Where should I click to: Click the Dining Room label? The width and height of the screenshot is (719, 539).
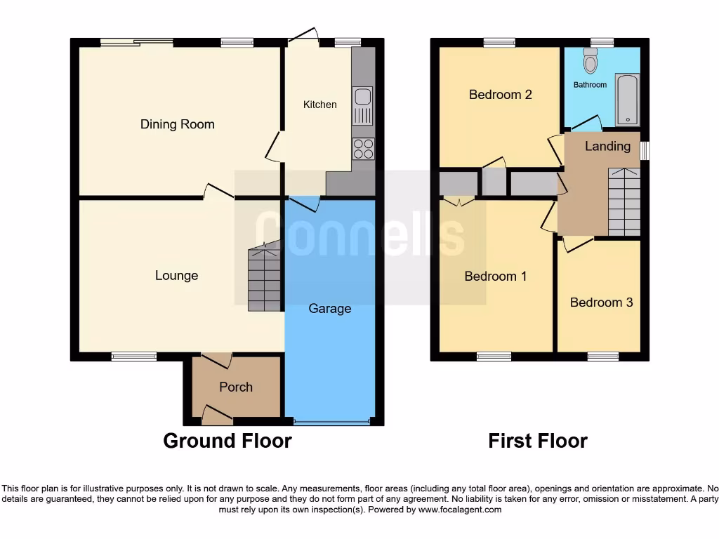click(177, 124)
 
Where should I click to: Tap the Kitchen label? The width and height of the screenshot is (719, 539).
click(319, 105)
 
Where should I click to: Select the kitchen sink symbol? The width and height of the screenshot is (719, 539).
click(363, 106)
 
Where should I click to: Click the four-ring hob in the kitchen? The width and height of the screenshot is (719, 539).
click(363, 149)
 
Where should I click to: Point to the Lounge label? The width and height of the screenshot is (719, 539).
click(176, 276)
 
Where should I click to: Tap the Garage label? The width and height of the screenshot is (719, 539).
click(329, 309)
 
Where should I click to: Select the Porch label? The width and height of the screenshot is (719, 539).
click(235, 387)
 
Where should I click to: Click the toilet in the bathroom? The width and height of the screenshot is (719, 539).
click(590, 62)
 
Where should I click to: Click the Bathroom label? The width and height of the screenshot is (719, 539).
click(590, 85)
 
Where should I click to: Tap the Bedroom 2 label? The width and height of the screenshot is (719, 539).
click(500, 95)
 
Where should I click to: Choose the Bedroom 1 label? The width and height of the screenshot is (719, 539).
click(495, 277)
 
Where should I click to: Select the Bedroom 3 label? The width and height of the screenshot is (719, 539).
click(601, 302)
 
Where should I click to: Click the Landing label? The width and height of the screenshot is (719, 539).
click(607, 146)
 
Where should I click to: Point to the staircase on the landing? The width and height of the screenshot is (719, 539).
click(624, 202)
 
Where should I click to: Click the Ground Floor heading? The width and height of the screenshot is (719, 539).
click(227, 441)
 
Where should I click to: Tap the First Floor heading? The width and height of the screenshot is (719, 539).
click(538, 441)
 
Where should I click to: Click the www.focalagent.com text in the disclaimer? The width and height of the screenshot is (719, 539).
click(460, 510)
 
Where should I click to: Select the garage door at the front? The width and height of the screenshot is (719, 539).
click(330, 422)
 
